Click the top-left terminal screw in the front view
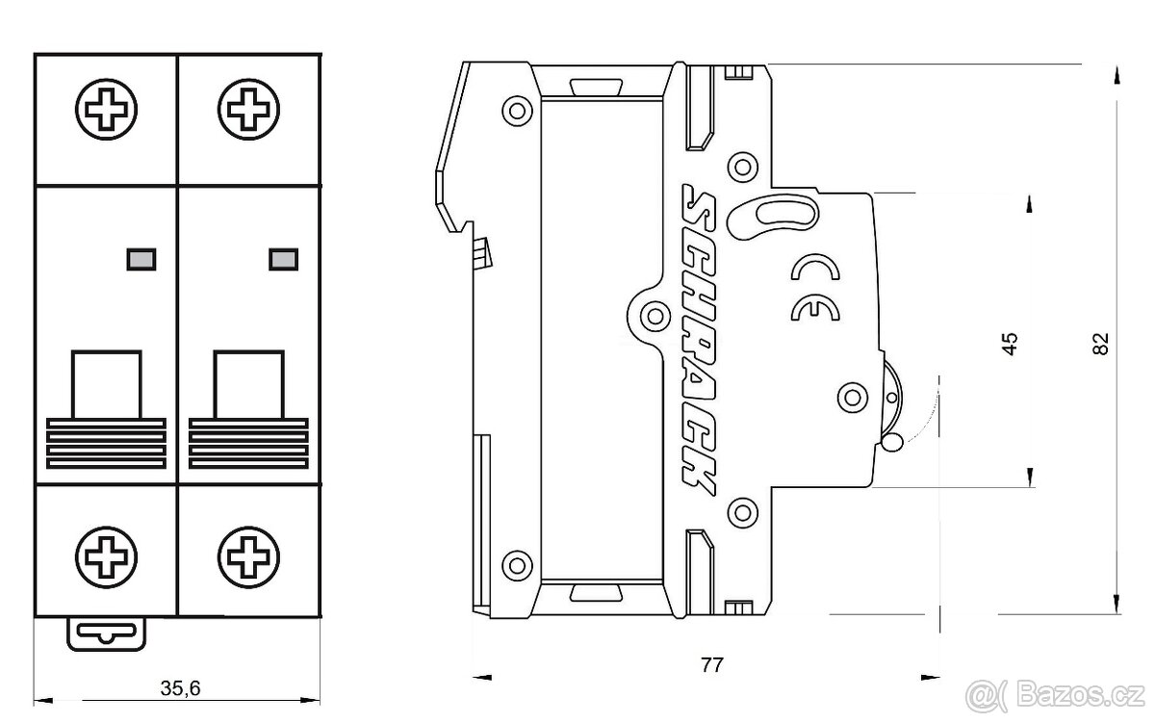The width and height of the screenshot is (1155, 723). [x=106, y=110]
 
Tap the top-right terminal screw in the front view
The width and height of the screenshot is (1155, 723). [x=248, y=110]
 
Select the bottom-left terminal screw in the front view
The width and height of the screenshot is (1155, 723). [x=106, y=557]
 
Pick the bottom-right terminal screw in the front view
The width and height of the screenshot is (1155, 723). [x=248, y=557]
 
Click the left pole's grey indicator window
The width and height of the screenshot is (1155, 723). [x=141, y=259]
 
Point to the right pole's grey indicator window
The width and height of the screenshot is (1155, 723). [x=284, y=259]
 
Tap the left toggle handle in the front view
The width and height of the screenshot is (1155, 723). [x=106, y=409]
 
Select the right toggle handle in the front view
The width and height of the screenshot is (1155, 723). [x=248, y=409]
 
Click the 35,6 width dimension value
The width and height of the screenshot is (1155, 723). [x=180, y=688]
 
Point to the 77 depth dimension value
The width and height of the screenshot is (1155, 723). [x=712, y=664]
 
